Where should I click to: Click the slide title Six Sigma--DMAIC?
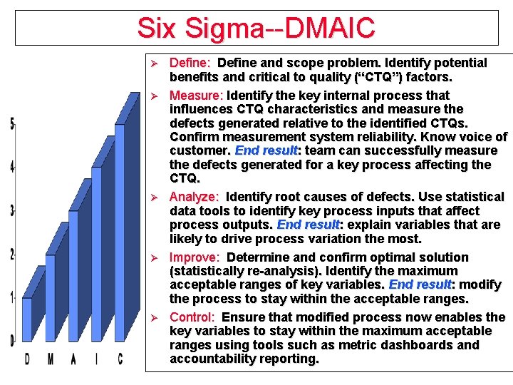pos(256,28)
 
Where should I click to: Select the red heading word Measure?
pos(197,96)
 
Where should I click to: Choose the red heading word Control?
pos(192,317)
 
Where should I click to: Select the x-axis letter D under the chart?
pos(27,359)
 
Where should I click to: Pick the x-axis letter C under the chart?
pos(120,359)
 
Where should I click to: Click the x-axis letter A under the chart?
pos(73,359)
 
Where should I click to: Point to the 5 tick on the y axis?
pos(12,124)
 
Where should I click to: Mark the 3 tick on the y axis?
pos(12,211)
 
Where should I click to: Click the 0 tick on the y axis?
pos(12,341)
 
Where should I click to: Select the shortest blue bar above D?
pos(27,321)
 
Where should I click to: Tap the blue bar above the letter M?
pos(50,299)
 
